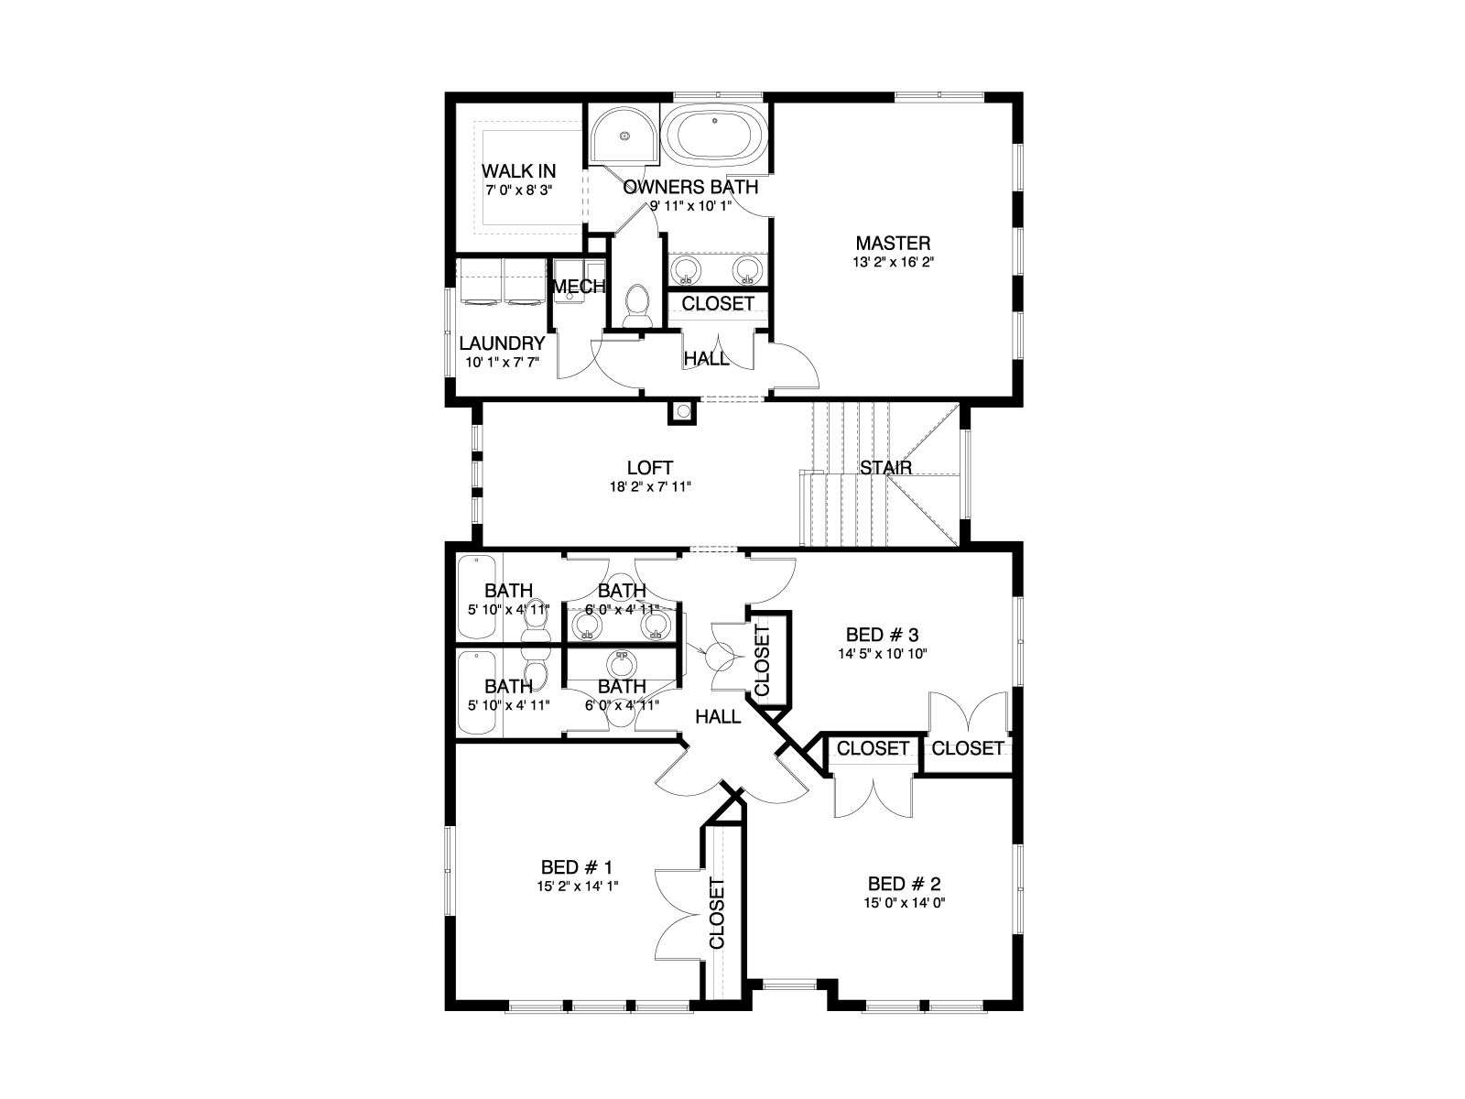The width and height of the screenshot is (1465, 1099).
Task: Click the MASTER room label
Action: (x=893, y=243)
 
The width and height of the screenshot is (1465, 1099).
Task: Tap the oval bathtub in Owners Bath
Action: (x=714, y=136)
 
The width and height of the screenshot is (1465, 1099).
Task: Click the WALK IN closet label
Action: (x=518, y=171)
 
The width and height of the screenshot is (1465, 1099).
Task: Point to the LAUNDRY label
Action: (x=502, y=343)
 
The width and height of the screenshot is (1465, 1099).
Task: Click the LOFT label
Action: (x=649, y=468)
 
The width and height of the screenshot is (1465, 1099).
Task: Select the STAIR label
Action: (x=885, y=468)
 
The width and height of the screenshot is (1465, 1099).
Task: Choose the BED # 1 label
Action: (x=576, y=866)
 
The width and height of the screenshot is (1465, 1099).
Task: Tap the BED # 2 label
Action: (x=905, y=884)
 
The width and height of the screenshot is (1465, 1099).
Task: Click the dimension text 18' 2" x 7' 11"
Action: (x=649, y=487)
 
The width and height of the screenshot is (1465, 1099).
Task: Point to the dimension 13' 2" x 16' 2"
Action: (x=893, y=262)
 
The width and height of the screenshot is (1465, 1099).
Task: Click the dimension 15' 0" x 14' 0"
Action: (x=905, y=903)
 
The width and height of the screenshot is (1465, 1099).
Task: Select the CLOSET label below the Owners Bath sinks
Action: (x=718, y=304)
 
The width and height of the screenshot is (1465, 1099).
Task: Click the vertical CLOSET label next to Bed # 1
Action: (x=717, y=913)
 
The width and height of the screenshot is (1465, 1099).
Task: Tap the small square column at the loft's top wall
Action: (x=682, y=412)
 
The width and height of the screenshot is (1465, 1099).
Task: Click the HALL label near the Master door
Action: (x=706, y=359)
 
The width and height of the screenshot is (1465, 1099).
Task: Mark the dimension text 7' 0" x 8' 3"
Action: (x=518, y=190)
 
